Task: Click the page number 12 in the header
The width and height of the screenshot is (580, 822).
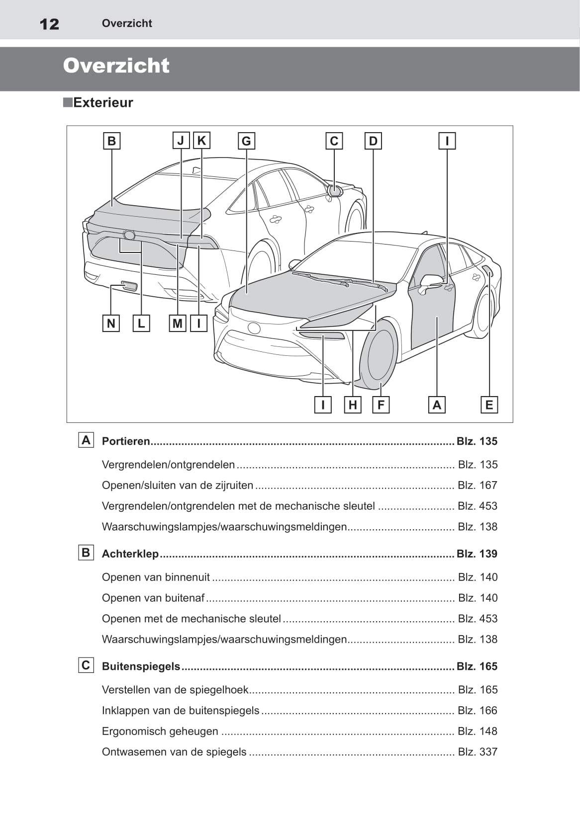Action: (x=49, y=24)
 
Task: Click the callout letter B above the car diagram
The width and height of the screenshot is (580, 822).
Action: (x=111, y=141)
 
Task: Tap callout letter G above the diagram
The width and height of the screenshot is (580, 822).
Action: (x=246, y=141)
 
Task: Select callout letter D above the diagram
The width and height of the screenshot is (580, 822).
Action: (x=373, y=141)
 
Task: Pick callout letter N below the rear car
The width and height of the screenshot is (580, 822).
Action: (x=111, y=324)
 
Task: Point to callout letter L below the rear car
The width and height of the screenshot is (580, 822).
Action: (x=141, y=324)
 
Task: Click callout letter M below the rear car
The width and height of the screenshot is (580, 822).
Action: (x=178, y=324)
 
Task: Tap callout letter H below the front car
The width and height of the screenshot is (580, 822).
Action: (x=353, y=405)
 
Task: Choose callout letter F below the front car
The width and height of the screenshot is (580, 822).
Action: (x=381, y=405)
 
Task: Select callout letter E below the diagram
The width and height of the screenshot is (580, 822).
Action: (x=489, y=405)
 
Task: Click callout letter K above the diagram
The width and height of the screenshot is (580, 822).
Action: (x=201, y=141)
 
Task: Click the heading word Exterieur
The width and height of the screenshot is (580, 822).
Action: (x=103, y=103)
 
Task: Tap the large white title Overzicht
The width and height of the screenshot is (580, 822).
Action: (x=116, y=66)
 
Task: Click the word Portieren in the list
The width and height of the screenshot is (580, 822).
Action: (x=126, y=441)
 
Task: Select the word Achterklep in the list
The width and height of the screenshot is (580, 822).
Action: (x=130, y=554)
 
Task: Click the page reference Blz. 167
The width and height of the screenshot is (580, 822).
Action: (x=477, y=485)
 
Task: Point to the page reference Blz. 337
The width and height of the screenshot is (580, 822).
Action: (x=477, y=752)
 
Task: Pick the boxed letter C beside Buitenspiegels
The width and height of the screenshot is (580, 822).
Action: (x=86, y=665)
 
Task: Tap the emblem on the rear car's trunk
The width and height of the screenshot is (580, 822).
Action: (x=129, y=235)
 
